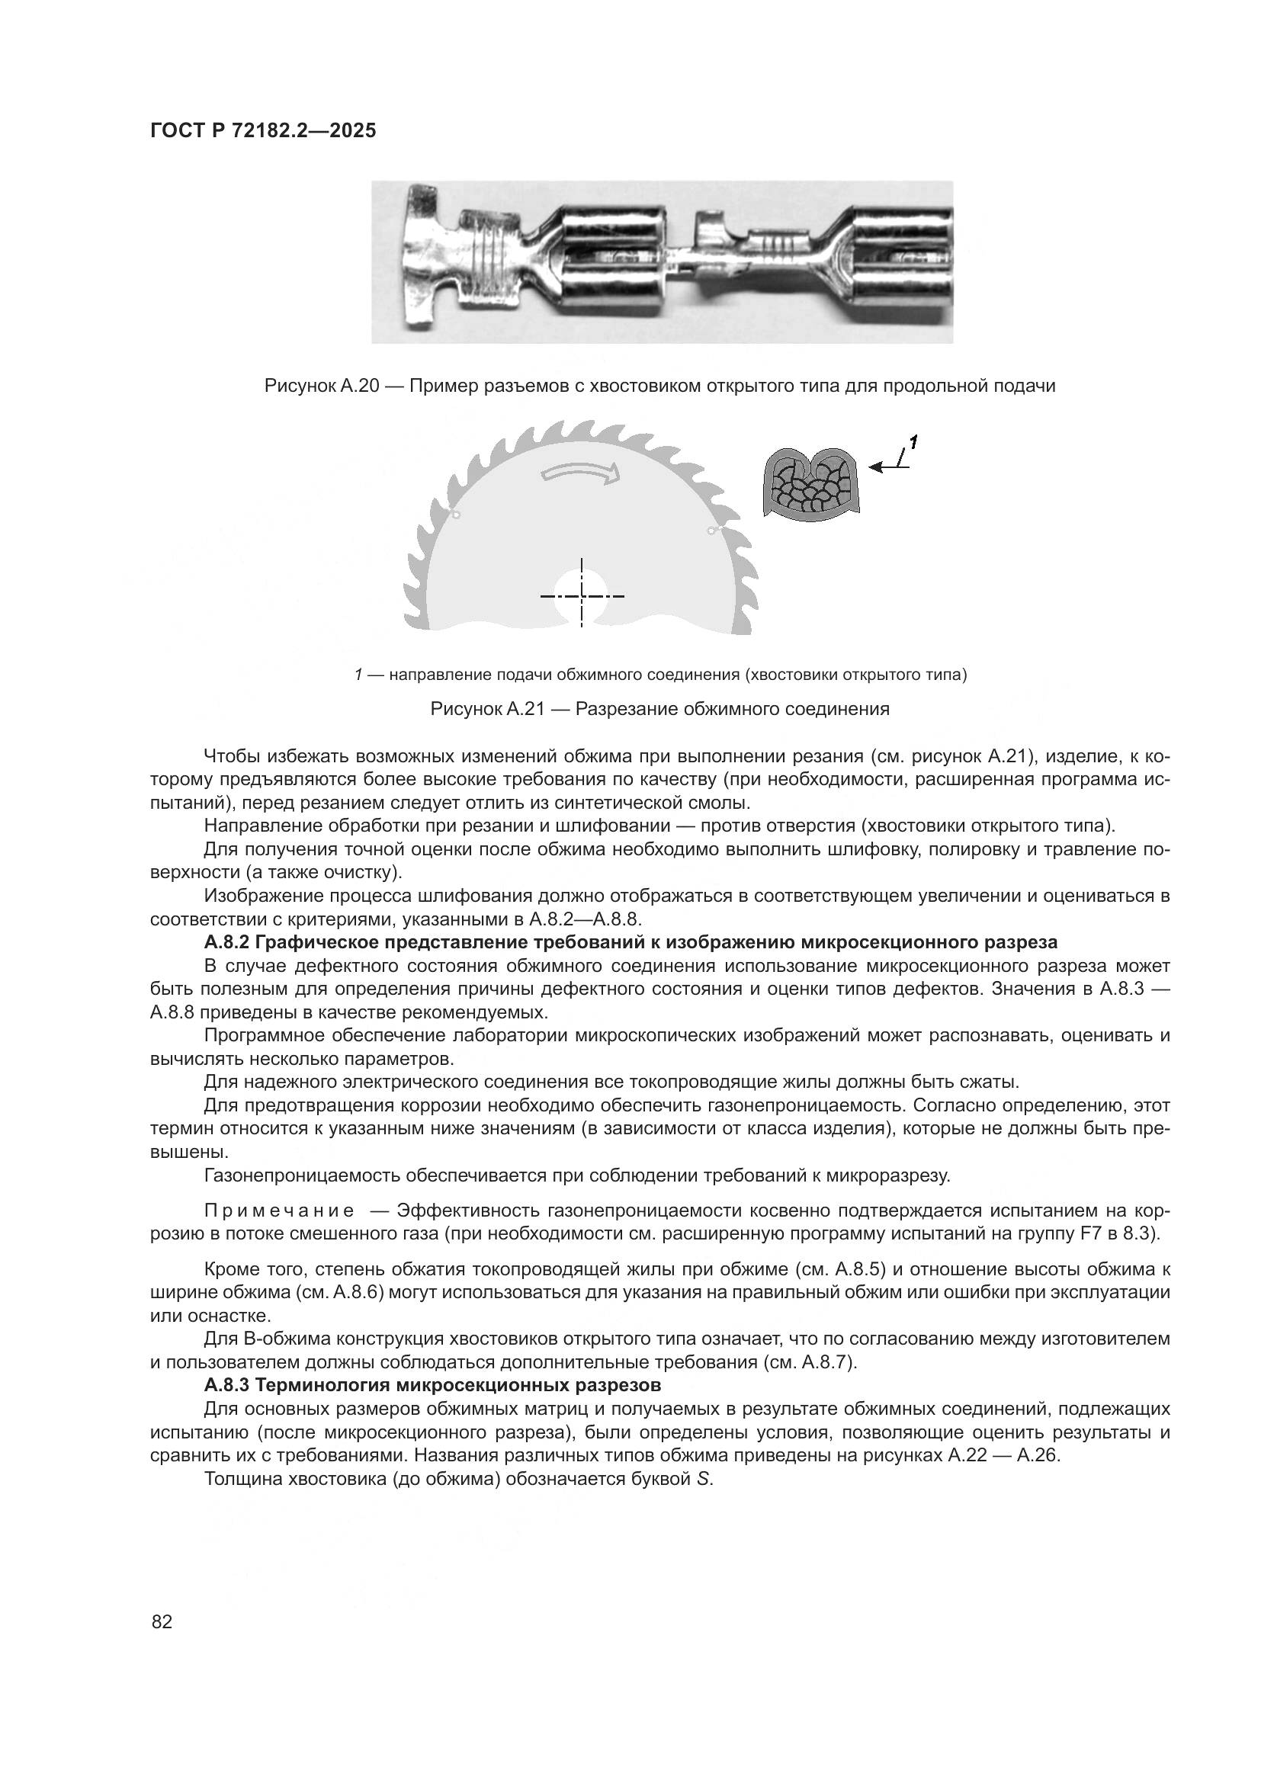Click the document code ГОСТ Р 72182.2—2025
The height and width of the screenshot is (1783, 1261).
[262, 130]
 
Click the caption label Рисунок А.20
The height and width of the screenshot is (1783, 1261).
[322, 386]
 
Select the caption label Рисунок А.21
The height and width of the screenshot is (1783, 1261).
[487, 708]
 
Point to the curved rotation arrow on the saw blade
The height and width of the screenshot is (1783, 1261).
[581, 471]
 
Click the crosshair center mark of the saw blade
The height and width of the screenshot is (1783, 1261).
[582, 595]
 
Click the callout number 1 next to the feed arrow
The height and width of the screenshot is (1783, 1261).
[913, 443]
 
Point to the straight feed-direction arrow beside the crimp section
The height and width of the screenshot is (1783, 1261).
[885, 467]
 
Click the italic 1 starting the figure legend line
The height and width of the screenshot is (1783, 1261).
[358, 675]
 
